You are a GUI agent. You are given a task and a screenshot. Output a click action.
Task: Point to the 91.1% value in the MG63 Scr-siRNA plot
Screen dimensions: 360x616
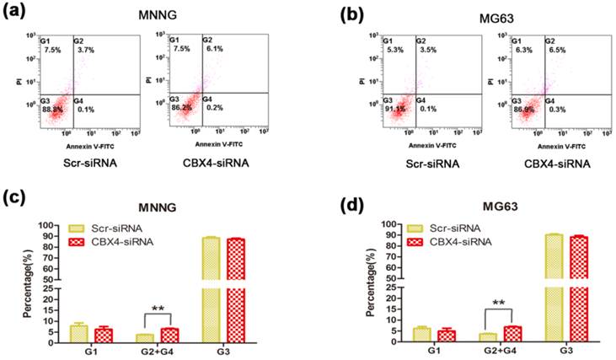395,107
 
